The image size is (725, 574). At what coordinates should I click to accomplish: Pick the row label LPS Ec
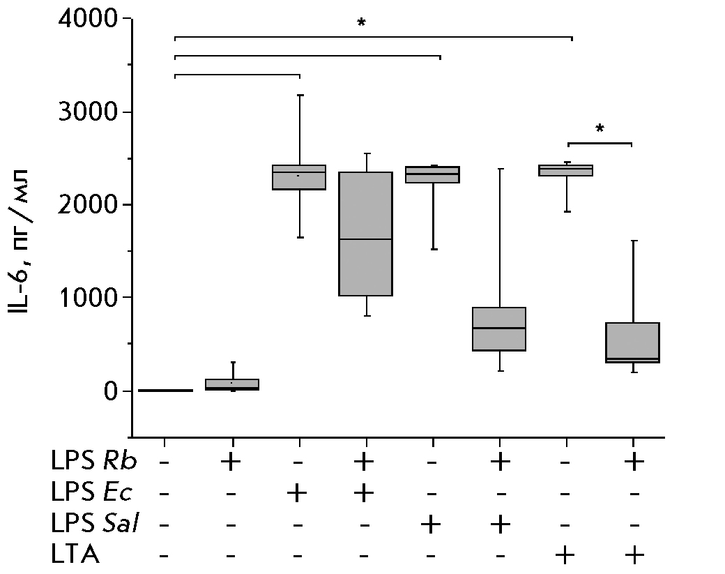tap(91, 493)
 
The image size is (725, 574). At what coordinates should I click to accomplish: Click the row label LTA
tap(75, 555)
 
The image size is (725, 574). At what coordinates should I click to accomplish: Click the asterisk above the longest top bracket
tap(361, 24)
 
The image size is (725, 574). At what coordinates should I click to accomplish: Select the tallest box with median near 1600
tap(365, 234)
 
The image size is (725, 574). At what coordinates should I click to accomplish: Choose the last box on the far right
tap(633, 342)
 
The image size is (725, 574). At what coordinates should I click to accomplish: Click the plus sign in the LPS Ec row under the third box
tap(298, 493)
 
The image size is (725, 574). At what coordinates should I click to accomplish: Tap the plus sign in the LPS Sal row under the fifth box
tap(432, 524)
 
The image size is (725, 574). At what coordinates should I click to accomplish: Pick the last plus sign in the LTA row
tap(633, 555)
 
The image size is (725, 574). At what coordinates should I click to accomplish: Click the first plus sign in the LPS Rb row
tap(231, 462)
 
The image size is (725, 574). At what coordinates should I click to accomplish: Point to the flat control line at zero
tap(165, 391)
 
